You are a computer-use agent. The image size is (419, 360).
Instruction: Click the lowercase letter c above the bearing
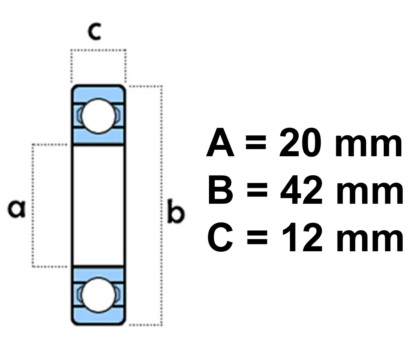point(95,32)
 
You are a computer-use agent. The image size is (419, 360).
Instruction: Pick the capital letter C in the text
point(220,238)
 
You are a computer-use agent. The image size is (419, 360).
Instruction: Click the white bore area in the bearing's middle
point(98,205)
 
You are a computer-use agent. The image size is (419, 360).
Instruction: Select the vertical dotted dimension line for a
point(33,173)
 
